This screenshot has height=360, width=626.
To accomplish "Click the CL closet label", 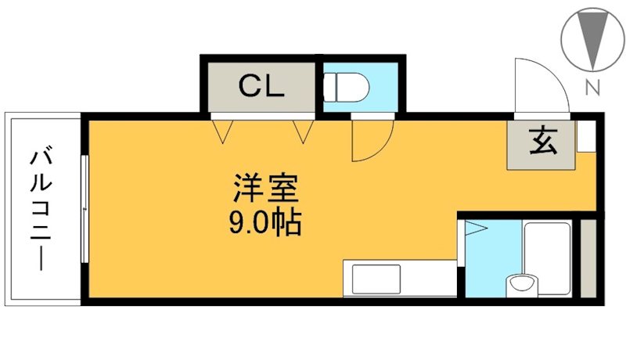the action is (261, 86).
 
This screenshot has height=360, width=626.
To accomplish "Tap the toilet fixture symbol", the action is (346, 87).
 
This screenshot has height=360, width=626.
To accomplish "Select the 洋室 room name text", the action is (266, 189).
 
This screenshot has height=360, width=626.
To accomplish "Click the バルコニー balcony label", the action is (41, 211).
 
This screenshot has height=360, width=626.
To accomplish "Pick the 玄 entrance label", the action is (543, 141).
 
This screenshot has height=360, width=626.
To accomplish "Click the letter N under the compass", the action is (592, 88).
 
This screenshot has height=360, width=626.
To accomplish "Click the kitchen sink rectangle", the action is (376, 279).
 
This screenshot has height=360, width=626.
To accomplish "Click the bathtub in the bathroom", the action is (547, 257).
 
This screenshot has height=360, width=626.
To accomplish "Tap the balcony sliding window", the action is (85, 209).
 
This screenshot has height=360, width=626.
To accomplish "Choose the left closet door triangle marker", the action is (222, 131).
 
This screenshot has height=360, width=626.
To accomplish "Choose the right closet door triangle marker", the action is (304, 131).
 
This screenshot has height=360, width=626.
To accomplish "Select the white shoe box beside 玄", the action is (586, 135).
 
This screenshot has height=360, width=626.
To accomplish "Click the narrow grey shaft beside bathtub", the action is (588, 257).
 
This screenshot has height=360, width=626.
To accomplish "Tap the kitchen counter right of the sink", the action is (428, 278).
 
